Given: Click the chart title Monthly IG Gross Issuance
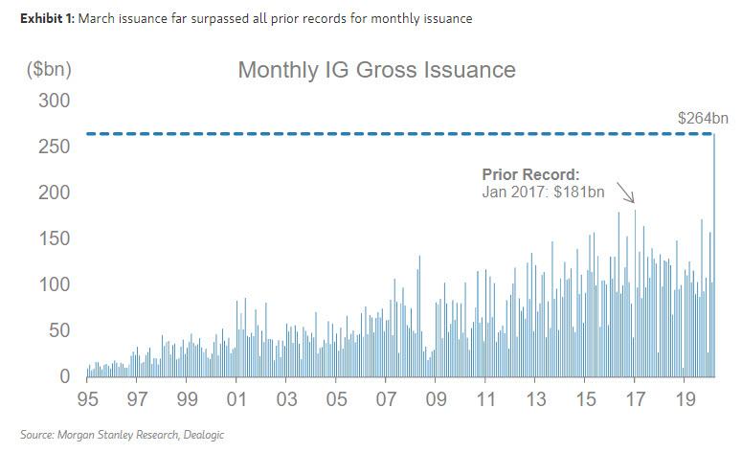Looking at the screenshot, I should coord(376,70).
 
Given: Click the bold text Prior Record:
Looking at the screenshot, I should coord(530,175).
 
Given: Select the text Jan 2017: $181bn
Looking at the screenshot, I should coord(544,193).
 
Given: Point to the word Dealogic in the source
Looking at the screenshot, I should coord(198,435).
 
